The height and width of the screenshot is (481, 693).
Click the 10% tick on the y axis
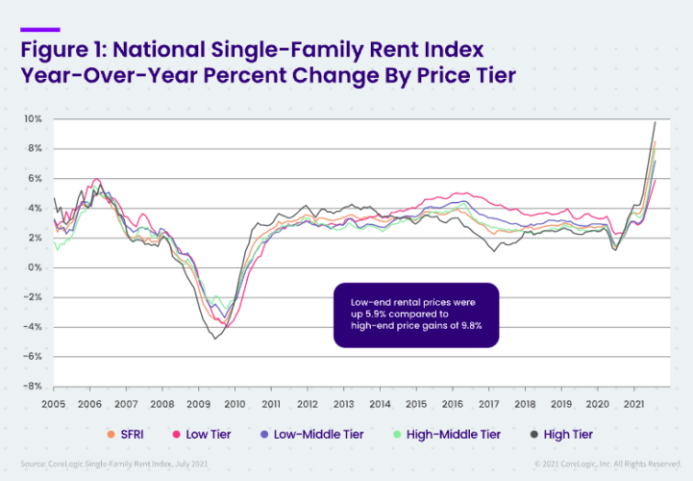pyautogui.click(x=34, y=119)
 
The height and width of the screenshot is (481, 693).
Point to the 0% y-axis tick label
pyautogui.click(x=36, y=267)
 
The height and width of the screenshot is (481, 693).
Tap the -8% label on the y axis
pyautogui.click(x=34, y=386)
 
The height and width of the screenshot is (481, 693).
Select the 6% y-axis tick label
pyautogui.click(x=36, y=179)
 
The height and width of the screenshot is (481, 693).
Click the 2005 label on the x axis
pyautogui.click(x=53, y=404)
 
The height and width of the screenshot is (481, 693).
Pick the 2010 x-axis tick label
pyautogui.click(x=234, y=404)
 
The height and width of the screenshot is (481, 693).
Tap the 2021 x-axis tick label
pyautogui.click(x=632, y=404)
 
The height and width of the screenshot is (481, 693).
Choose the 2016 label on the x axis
pyautogui.click(x=451, y=404)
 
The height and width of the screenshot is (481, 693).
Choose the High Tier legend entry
pyautogui.click(x=562, y=434)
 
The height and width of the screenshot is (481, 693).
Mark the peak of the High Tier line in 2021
pyautogui.click(x=655, y=122)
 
